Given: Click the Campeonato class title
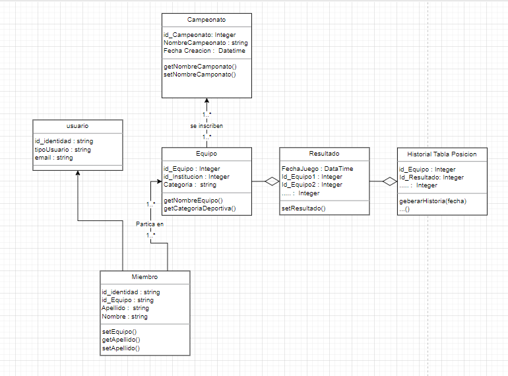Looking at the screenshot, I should pyautogui.click(x=206, y=21).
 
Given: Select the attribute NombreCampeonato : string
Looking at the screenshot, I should pyautogui.click(x=205, y=43).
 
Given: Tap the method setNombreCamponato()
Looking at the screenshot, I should pyautogui.click(x=199, y=75).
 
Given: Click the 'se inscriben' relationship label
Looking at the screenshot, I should pyautogui.click(x=206, y=125).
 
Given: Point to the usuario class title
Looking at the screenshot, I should pyautogui.click(x=78, y=125).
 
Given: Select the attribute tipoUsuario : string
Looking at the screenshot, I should pyautogui.click(x=63, y=150).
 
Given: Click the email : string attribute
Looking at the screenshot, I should pyautogui.click(x=53, y=158).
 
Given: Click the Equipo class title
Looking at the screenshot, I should pyautogui.click(x=206, y=154).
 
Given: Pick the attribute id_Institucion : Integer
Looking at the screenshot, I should pyautogui.click(x=197, y=177).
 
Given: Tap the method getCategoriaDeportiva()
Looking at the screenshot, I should pyautogui.click(x=199, y=208).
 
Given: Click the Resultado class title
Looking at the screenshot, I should pyautogui.click(x=324, y=154).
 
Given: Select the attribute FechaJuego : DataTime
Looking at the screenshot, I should pyautogui.click(x=317, y=169).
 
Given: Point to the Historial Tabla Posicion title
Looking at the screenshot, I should pyautogui.click(x=442, y=154).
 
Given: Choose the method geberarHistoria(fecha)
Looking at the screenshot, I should pyautogui.click(x=432, y=201).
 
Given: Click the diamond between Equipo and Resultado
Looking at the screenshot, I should pyautogui.click(x=271, y=181).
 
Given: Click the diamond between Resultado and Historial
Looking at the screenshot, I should pyautogui.click(x=389, y=181).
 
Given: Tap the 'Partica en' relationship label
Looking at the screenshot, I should pyautogui.click(x=150, y=224).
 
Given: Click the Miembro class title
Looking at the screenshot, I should pyautogui.click(x=144, y=277).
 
